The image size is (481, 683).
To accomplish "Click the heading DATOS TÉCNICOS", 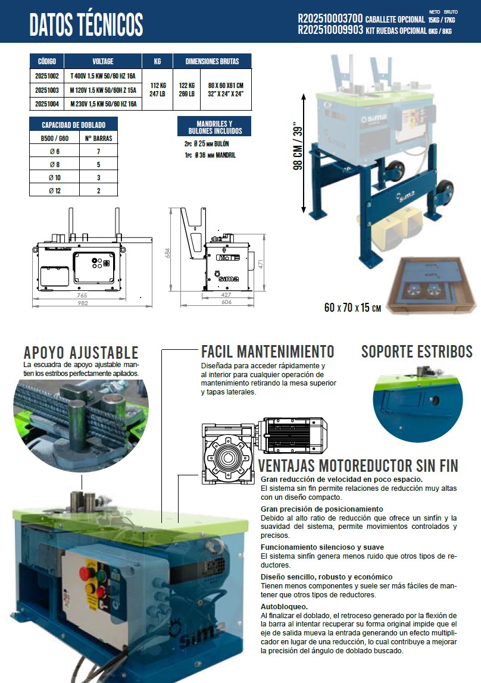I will click(86, 24).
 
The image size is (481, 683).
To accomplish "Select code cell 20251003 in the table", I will click(46, 90).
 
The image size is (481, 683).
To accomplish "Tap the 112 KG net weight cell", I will click(157, 85).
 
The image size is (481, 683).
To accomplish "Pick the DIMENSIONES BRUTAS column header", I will click(212, 61).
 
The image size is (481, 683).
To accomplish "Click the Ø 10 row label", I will click(55, 177).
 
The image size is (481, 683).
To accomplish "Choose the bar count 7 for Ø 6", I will click(98, 151).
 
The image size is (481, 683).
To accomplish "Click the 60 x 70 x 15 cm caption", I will click(352, 308).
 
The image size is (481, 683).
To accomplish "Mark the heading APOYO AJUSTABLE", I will click(80, 352).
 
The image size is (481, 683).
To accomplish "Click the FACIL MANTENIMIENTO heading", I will click(268, 351).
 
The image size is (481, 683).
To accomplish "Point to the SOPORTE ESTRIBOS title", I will click(417, 351).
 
